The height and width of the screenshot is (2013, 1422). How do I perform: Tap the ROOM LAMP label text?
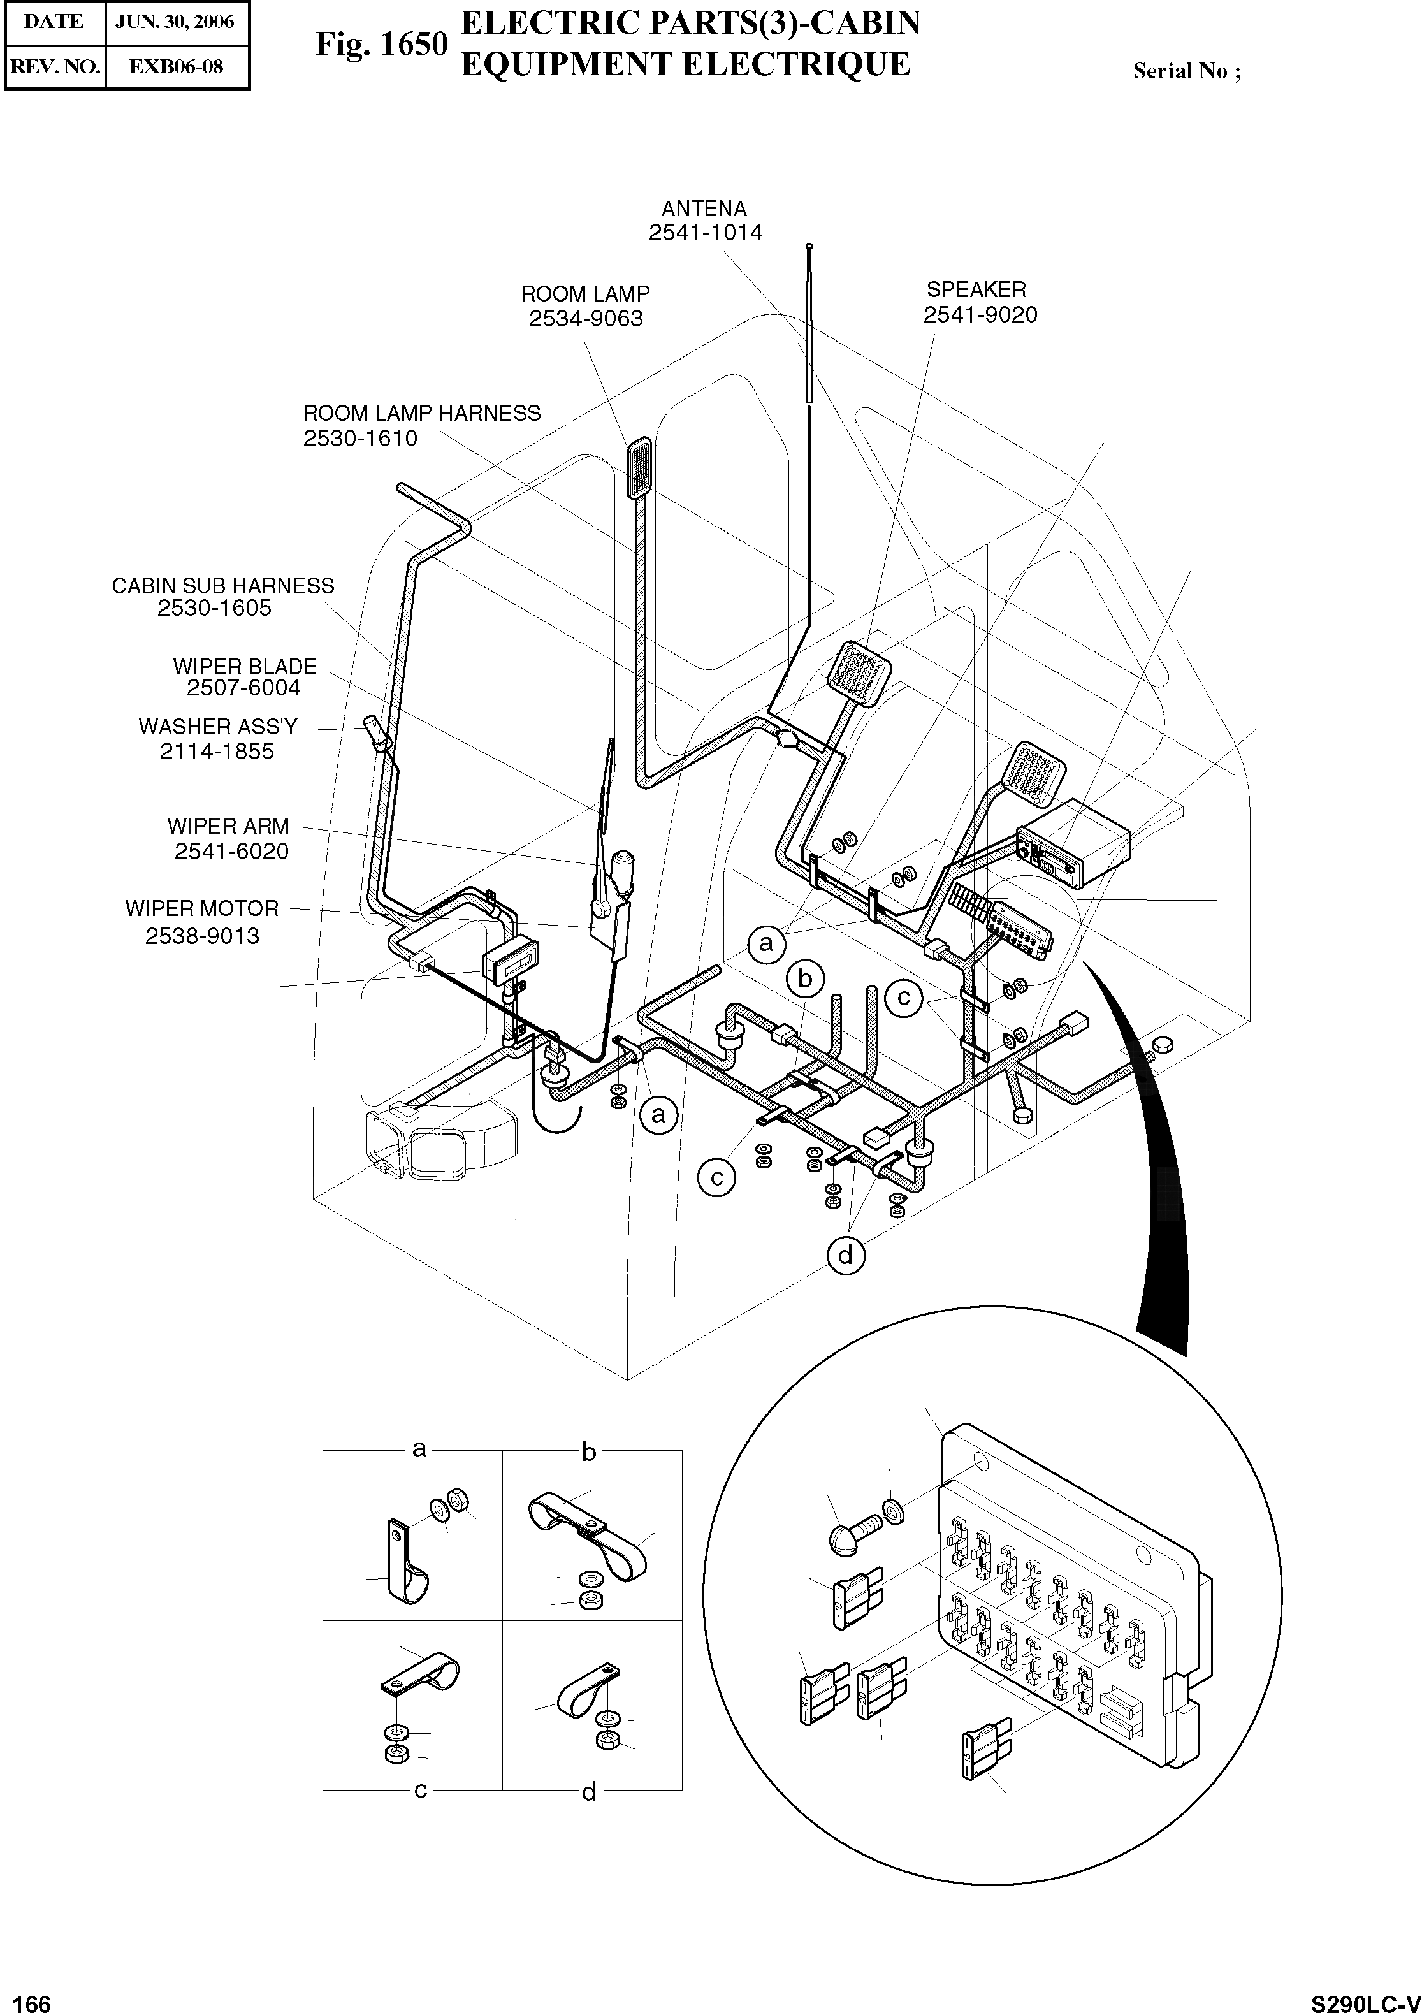pos(584,294)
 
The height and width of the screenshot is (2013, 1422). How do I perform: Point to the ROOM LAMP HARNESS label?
pos(422,414)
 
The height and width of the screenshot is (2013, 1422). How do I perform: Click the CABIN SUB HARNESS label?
pos(222,586)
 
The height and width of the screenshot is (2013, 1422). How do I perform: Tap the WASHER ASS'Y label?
pos(218,727)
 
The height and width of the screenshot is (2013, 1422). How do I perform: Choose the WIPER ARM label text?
pos(228,827)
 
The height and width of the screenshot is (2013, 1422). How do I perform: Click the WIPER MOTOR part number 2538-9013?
pos(203,936)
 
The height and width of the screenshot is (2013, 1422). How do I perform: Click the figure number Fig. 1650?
pos(381,45)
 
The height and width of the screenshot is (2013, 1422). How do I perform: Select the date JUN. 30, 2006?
pos(175,22)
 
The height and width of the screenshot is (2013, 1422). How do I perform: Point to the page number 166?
pos(26,1998)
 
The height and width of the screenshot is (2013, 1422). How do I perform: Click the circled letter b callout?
pos(806,978)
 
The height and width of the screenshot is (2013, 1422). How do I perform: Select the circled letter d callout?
pos(845,1256)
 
